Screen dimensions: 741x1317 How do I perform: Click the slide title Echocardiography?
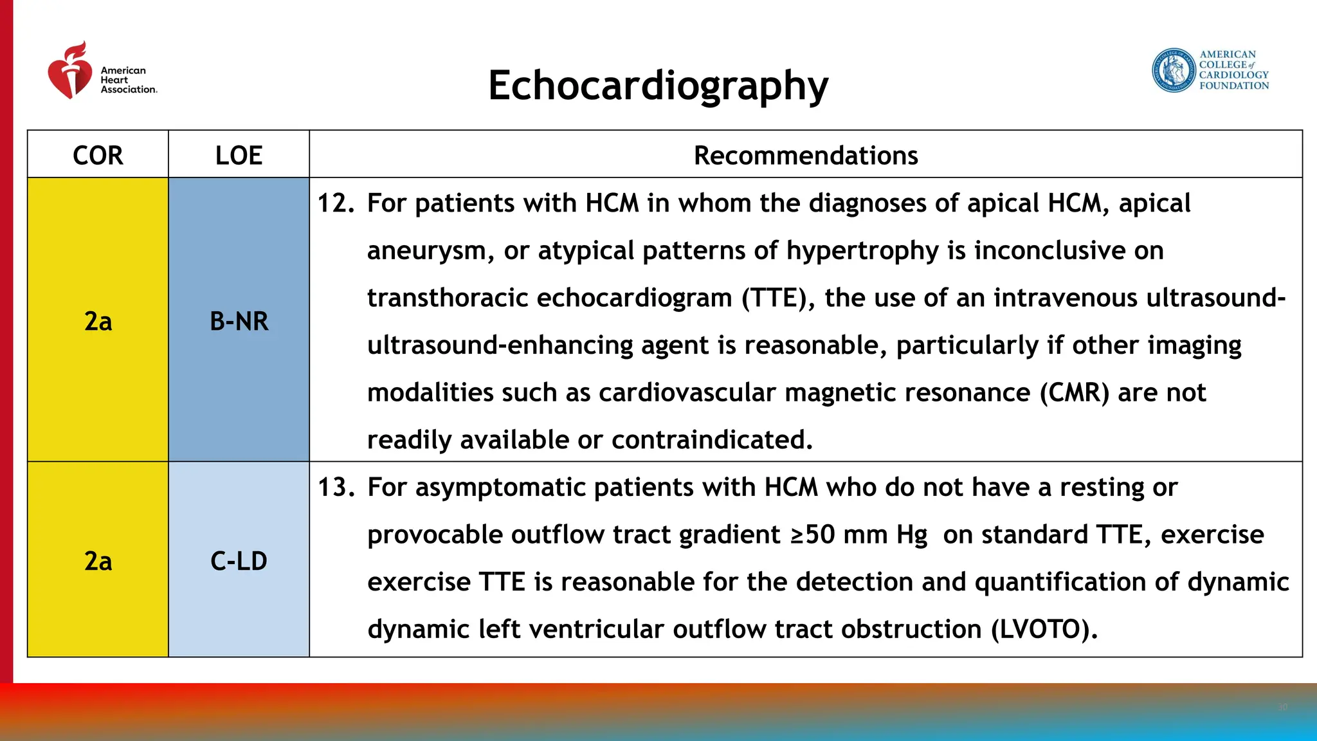click(658, 86)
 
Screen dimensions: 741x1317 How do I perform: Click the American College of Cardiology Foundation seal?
click(1173, 70)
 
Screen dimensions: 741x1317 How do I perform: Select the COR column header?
click(98, 155)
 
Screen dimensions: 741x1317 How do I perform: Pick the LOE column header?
click(239, 155)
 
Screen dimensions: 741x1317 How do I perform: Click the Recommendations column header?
click(805, 155)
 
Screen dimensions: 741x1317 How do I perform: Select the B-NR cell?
click(239, 321)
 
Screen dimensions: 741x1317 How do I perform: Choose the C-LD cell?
click(239, 561)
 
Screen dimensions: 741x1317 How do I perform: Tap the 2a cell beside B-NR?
click(98, 321)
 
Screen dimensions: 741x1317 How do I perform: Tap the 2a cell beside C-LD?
click(98, 561)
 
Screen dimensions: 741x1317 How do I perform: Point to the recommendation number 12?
click(336, 204)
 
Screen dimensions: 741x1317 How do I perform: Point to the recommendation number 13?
click(336, 488)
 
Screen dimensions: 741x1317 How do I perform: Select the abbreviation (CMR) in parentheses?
click(1075, 393)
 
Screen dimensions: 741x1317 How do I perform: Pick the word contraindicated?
click(712, 441)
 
